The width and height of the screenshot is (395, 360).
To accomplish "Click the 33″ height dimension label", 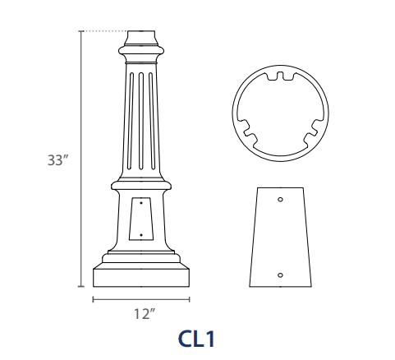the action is coord(57,160).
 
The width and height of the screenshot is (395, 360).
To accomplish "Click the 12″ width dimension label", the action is coord(145,314).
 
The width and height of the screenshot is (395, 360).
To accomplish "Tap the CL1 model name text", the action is coord(196,339).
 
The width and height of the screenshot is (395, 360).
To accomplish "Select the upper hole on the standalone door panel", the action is coord(280,199).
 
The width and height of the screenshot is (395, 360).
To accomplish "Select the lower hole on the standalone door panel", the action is coord(280,275).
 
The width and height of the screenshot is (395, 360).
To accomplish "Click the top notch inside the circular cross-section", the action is coord(280,76).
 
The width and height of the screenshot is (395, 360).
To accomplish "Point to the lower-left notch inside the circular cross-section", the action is coord(249,132).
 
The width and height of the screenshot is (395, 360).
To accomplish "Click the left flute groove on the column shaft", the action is coord(131,121).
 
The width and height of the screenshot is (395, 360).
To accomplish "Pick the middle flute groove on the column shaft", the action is coord(141,121).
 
